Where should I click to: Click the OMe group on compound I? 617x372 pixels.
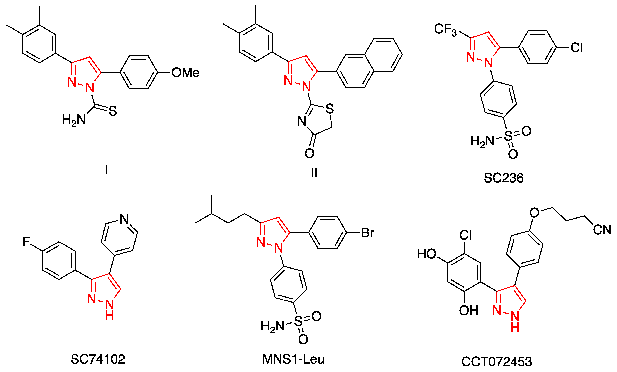click(185, 73)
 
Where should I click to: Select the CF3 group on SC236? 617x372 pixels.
click(445, 30)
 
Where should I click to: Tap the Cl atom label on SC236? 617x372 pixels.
click(576, 47)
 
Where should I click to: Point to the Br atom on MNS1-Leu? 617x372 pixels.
click(367, 233)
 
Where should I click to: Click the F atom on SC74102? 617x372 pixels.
click(26, 242)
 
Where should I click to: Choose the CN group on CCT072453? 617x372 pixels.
click(602, 230)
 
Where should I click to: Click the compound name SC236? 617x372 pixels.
click(503, 178)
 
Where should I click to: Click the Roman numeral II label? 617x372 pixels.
click(314, 172)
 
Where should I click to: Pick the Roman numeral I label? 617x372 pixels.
click(107, 170)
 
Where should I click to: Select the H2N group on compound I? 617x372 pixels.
click(74, 120)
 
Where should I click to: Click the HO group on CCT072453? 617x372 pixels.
click(427, 254)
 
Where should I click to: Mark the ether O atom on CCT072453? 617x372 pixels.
click(534, 213)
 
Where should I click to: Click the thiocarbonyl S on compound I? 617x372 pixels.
click(113, 111)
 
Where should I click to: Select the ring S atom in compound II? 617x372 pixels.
click(330, 109)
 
